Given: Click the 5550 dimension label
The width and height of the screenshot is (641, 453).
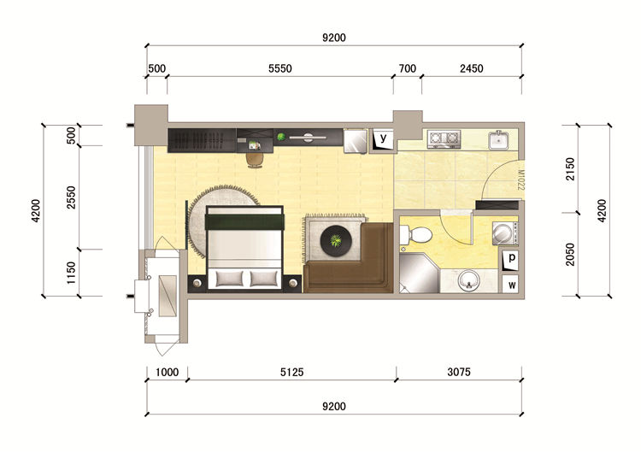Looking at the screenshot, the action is point(280,68).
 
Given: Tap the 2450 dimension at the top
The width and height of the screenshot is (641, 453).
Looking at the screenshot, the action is point(471,68).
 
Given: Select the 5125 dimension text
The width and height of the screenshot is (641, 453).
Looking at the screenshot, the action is point(292,372).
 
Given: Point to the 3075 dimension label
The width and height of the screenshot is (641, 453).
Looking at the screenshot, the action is point(459,372).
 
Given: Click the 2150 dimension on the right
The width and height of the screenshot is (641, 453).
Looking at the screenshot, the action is point(570,169).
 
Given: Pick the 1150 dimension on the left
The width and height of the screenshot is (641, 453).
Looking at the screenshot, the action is point(71,273).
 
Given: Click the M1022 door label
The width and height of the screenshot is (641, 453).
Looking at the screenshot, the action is point(520,179).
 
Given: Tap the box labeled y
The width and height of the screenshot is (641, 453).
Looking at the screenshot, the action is point(383,139).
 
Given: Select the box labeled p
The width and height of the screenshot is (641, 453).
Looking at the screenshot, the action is point(510,260).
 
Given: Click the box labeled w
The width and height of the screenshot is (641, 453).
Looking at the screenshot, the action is point(511,285).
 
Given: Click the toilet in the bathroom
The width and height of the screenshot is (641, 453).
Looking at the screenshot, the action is point(415,235).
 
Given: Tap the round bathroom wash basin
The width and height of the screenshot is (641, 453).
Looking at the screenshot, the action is point(468,280).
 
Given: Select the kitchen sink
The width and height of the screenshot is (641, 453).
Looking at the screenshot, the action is point(498,139).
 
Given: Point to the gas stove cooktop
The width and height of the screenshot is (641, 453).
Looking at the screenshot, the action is point(444,139).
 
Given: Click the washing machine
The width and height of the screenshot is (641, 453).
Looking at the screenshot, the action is point(505,233).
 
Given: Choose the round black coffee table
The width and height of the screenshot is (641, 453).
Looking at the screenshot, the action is point(336,241).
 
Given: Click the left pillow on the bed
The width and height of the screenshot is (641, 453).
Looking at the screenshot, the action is point(229,279).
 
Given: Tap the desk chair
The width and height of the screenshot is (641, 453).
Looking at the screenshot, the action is point(256,160).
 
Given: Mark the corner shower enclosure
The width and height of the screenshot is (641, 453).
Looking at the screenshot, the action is point(419,274).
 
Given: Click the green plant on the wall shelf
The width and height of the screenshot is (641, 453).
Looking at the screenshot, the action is point(281,137).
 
